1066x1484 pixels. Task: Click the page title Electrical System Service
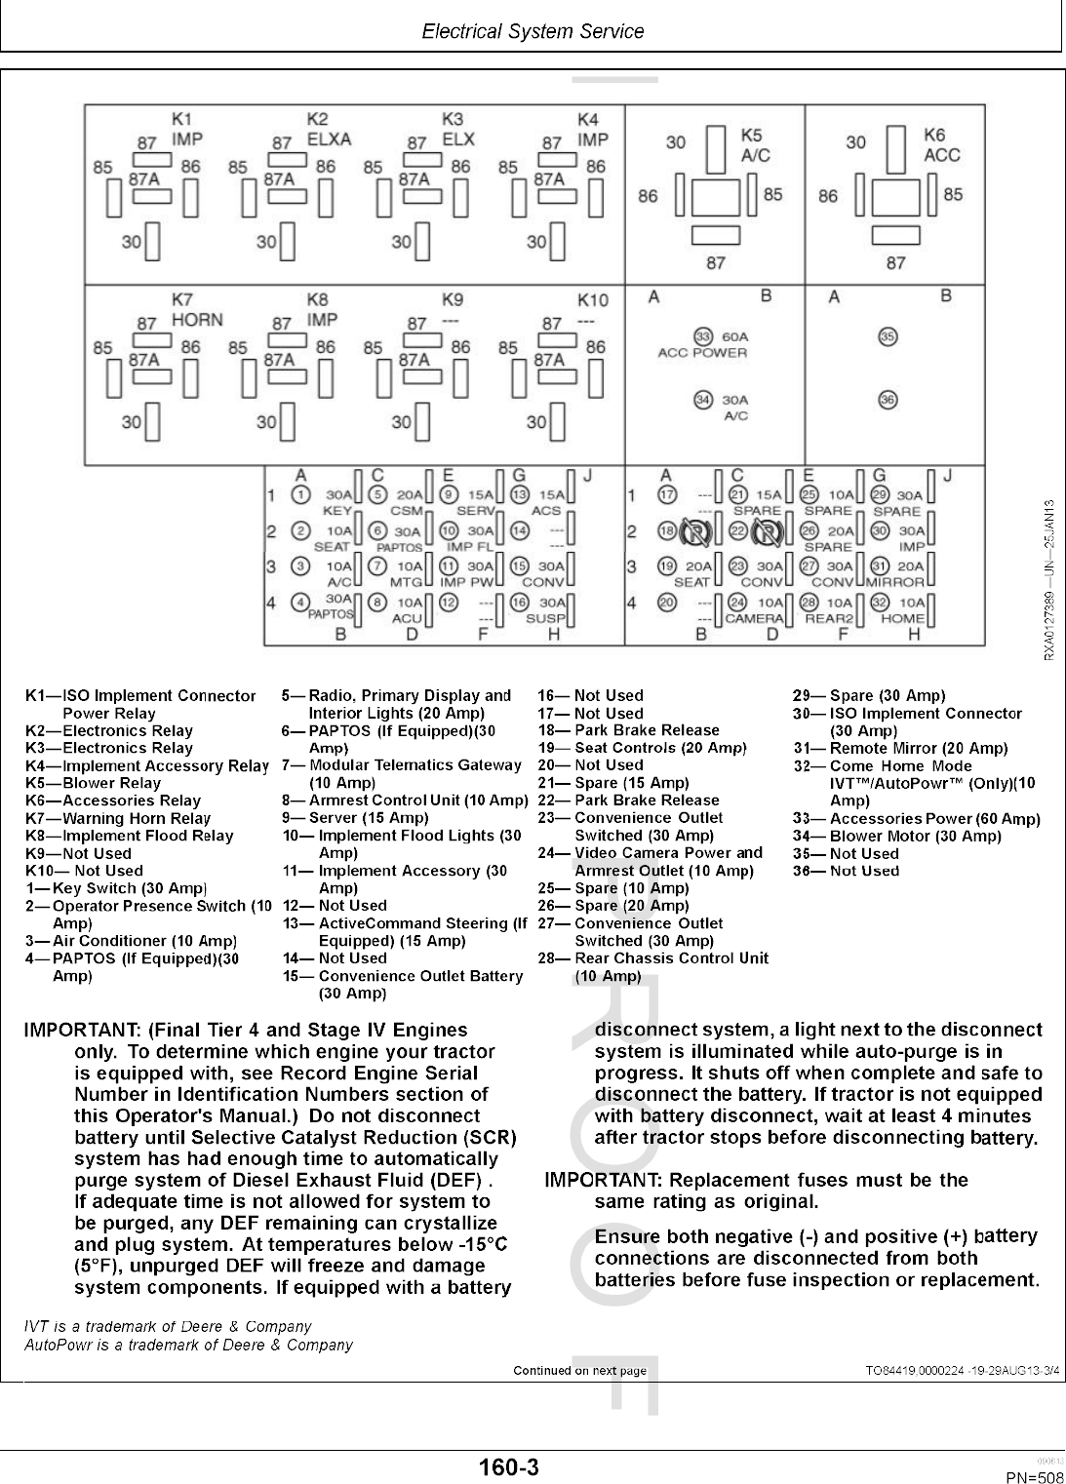[533, 31]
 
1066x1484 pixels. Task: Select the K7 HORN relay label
[196, 309]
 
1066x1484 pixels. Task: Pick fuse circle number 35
[888, 336]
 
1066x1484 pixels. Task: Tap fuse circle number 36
[888, 399]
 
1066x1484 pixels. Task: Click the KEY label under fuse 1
[336, 511]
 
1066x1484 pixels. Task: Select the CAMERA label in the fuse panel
[755, 618]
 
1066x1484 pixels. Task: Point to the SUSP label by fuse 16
[546, 618]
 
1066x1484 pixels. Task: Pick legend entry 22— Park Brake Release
[629, 801]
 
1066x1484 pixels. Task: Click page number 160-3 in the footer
[508, 1466]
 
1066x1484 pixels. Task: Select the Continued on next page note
[579, 1370]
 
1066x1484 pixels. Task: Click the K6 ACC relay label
[941, 145]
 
